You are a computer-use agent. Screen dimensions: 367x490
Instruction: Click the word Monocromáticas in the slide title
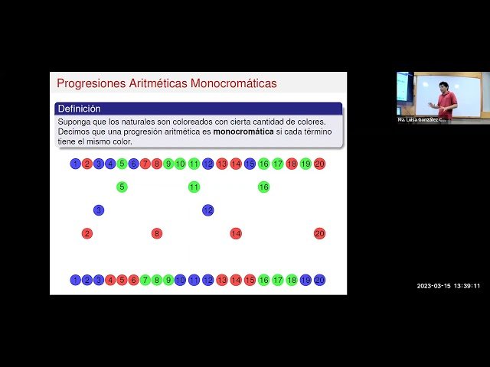click(x=234, y=83)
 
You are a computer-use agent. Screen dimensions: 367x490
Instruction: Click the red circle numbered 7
click(x=145, y=164)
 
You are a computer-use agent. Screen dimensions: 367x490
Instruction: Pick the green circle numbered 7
click(x=145, y=280)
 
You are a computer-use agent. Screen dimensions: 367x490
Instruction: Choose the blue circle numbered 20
click(x=319, y=280)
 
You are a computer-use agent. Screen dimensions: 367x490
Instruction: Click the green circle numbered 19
click(x=305, y=164)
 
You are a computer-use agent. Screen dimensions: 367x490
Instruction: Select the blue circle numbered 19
click(x=305, y=280)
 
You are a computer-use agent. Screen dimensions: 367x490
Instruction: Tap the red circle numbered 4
click(x=110, y=280)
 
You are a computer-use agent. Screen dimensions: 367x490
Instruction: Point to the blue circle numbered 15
click(x=250, y=164)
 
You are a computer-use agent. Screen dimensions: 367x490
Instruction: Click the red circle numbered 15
click(x=250, y=280)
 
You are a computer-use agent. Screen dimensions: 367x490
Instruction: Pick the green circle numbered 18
click(x=292, y=280)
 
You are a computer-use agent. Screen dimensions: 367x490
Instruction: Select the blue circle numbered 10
click(x=180, y=280)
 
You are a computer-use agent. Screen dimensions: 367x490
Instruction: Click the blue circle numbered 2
click(x=87, y=280)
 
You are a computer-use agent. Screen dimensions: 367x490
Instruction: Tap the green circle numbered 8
click(x=157, y=280)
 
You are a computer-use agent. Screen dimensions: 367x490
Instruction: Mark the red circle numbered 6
click(x=133, y=280)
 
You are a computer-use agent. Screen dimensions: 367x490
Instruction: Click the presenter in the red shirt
click(x=443, y=99)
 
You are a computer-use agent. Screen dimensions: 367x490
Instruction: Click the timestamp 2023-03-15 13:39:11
click(x=449, y=286)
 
